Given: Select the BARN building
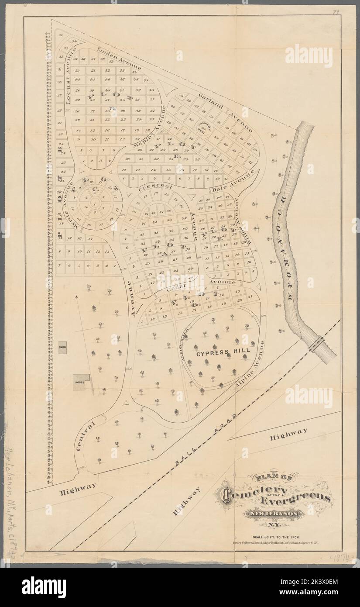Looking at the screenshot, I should pos(62,348).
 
